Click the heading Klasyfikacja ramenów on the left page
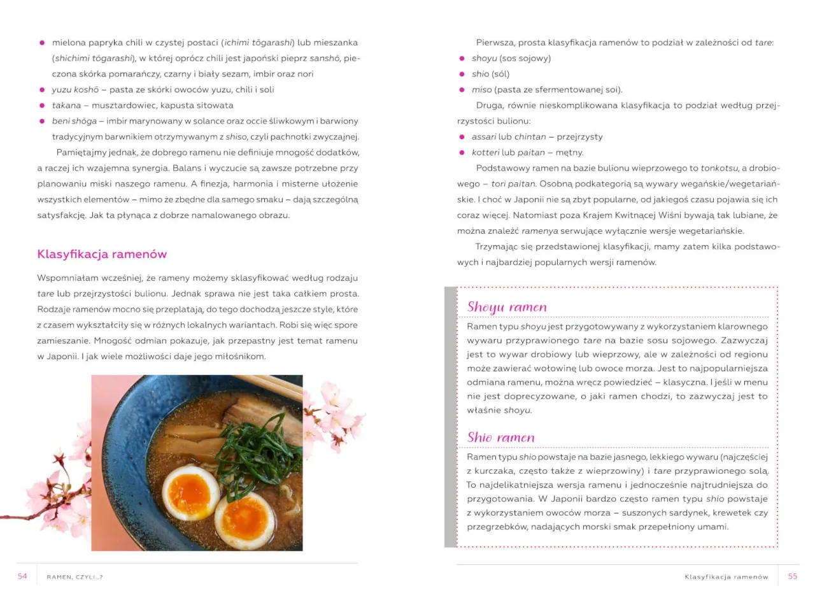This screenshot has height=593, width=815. point(102,254)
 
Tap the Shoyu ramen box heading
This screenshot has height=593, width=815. point(507,307)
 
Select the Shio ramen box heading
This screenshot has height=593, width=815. point(500,438)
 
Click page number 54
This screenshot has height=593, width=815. point(22,576)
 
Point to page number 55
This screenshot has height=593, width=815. point(792,576)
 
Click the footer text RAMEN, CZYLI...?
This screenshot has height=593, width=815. point(74,577)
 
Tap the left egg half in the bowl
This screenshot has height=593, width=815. point(190,492)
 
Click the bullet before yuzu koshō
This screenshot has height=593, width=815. point(42,90)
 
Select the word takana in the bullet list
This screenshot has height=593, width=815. point(66,105)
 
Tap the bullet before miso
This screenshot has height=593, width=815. point(462,90)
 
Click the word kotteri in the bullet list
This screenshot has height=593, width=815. point(485,152)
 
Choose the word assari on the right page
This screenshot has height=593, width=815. point(484,137)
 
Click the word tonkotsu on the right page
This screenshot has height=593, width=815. point(719,168)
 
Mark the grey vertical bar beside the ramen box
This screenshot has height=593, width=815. point(450,417)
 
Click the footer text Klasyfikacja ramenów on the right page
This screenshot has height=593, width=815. point(726,577)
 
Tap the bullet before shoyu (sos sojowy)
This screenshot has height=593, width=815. point(462,59)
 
